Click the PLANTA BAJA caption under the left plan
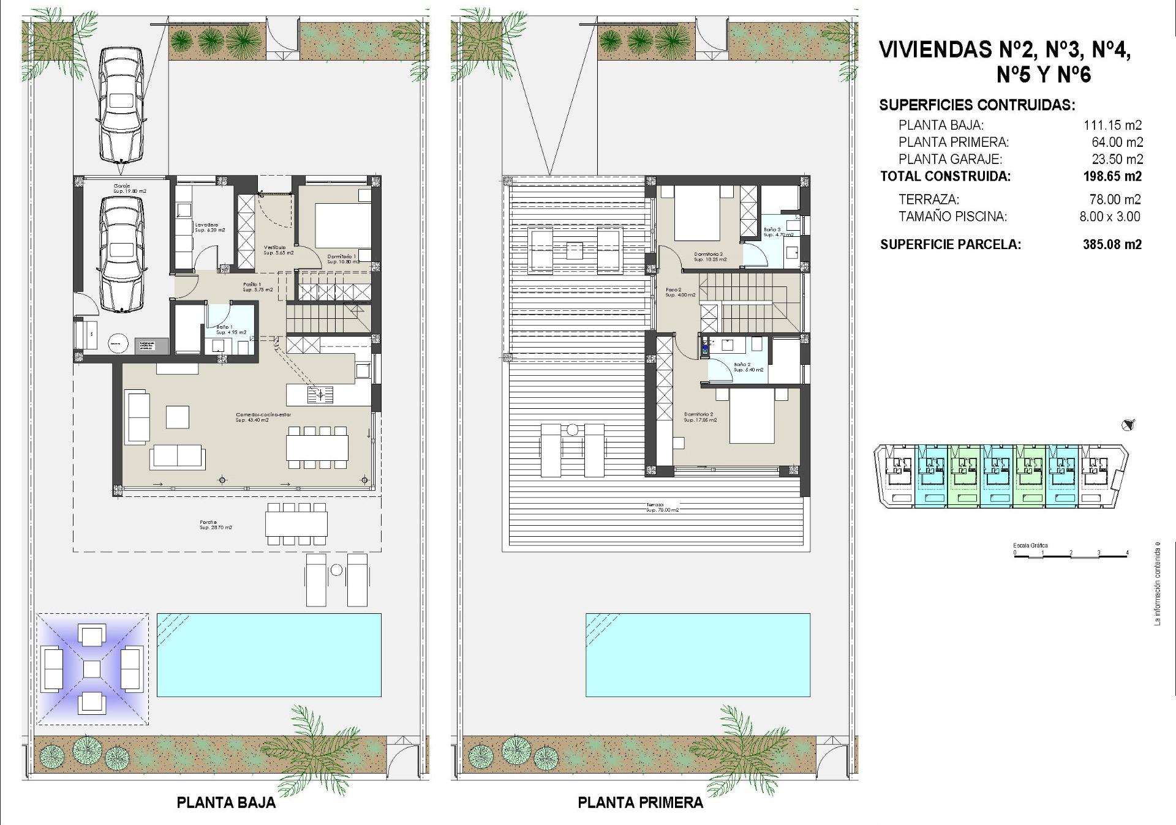(x=226, y=802)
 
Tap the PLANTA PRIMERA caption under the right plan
(x=640, y=802)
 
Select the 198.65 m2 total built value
(x=1112, y=176)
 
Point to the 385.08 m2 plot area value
(x=1112, y=244)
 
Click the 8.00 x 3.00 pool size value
(x=1109, y=216)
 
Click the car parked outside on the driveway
(x=121, y=104)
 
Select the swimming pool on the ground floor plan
(x=269, y=654)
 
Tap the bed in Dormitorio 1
(x=342, y=225)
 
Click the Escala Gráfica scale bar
(x=1071, y=553)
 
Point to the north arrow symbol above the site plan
(x=1127, y=425)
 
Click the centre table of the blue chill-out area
(x=92, y=668)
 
